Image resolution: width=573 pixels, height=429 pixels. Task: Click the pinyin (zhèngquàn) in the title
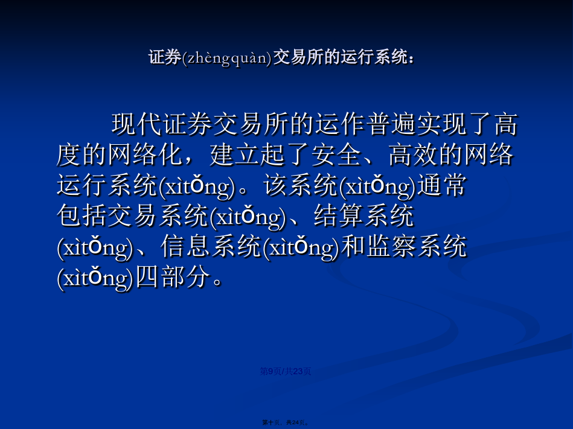pos(227,58)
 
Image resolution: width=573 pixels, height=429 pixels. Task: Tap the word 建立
pos(234,155)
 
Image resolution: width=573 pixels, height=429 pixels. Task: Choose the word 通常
pos(442,185)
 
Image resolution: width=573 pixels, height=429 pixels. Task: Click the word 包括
pos(82,216)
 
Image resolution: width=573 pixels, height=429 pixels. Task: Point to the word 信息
pos(185,246)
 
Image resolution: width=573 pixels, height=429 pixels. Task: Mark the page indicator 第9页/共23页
pos(286,371)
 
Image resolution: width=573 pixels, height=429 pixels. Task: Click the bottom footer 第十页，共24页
pos(286,422)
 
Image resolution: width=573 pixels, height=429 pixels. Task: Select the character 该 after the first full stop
pos(276,185)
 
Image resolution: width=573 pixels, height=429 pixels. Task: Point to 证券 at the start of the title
pos(165,58)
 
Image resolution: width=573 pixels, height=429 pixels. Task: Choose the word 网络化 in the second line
pos(145,155)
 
